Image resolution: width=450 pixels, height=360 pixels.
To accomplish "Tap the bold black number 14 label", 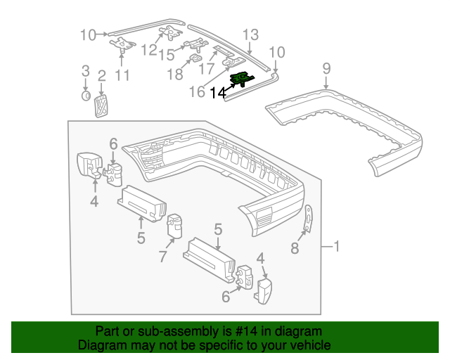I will click(x=218, y=92).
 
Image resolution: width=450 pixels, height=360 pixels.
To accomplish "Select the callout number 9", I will click(x=326, y=68).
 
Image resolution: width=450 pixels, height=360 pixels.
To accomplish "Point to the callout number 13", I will click(x=251, y=34).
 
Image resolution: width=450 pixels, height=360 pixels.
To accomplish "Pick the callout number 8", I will click(x=295, y=247).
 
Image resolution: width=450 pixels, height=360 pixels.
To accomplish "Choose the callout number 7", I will click(x=163, y=256).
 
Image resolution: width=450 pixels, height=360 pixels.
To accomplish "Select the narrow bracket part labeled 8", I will click(x=307, y=218).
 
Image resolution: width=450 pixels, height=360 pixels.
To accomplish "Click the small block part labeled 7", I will click(x=174, y=226).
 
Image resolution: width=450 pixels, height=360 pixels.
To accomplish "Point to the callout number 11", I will click(x=122, y=76).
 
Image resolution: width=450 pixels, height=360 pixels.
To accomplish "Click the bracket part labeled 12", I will click(x=171, y=32).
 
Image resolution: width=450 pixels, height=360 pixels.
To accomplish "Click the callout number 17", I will click(x=206, y=70).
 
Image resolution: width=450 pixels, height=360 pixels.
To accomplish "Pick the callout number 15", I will click(x=167, y=54).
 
